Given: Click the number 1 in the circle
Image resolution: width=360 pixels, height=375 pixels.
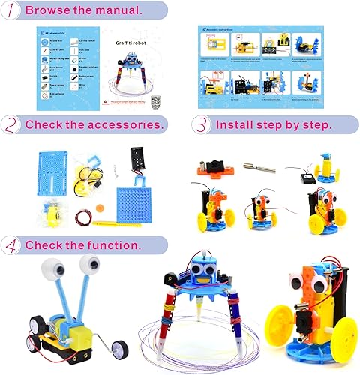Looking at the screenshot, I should coord(12,11).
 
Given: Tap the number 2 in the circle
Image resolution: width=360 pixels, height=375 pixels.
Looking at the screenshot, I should coord(12,124).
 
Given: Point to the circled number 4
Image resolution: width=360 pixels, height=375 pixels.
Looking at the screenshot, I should coord(12,245).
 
